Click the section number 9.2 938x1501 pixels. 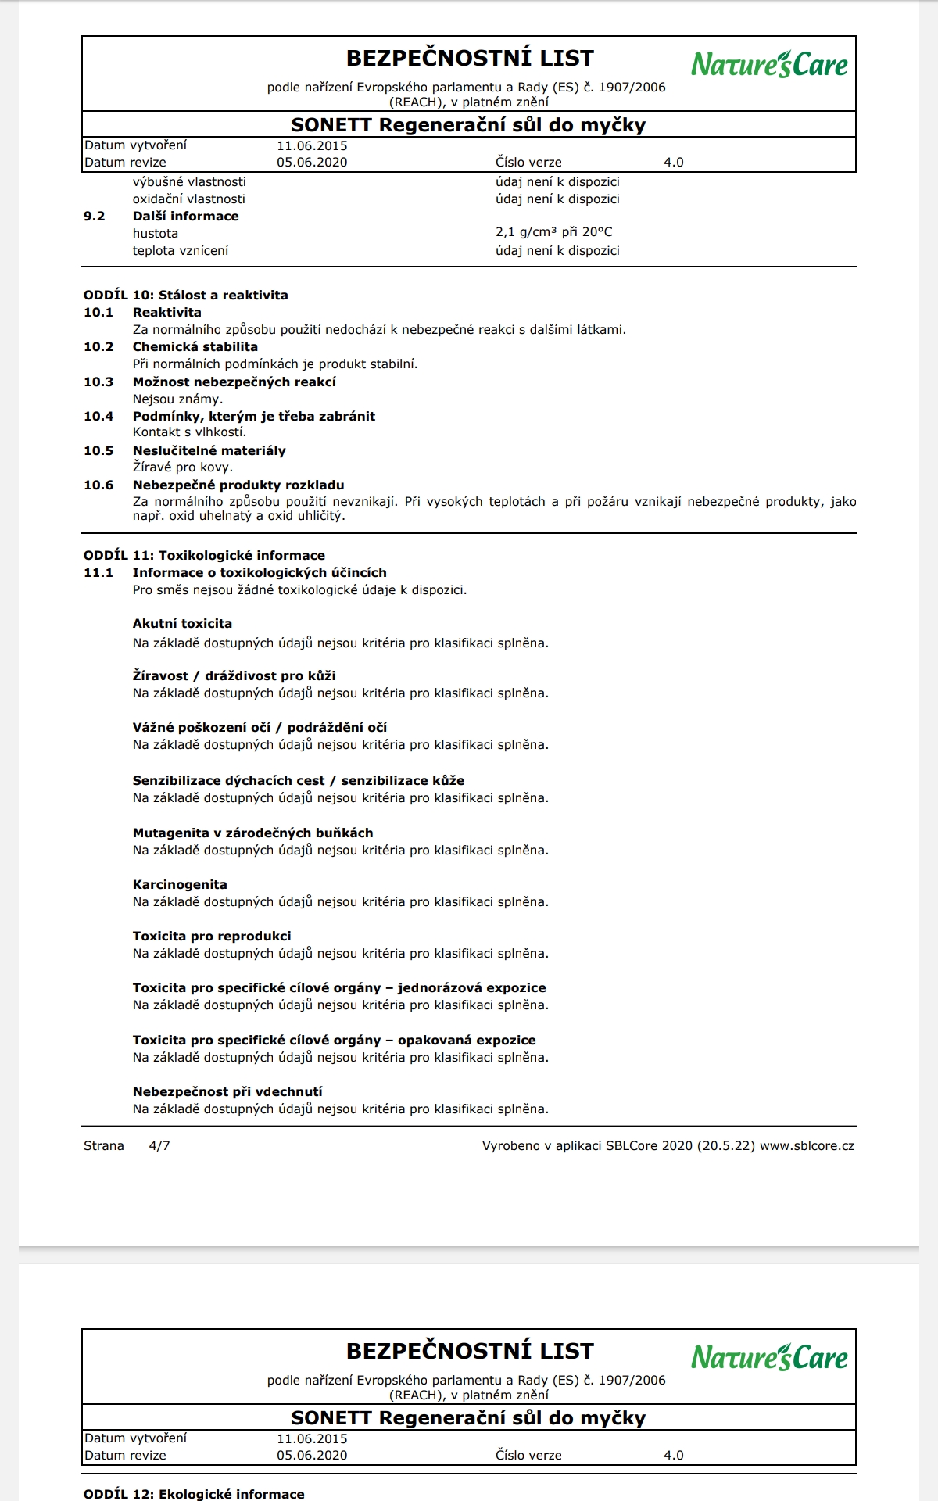click(x=94, y=217)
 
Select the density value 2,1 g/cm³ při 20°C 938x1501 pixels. click(x=553, y=232)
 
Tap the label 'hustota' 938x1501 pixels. click(x=156, y=234)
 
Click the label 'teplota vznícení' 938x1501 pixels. click(x=181, y=251)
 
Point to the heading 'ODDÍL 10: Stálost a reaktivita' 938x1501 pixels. click(x=185, y=296)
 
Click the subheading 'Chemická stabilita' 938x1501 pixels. click(x=195, y=347)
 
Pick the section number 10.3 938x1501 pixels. click(x=98, y=382)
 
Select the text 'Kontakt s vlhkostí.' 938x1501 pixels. click(x=189, y=432)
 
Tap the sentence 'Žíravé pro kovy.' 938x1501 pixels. click(x=183, y=467)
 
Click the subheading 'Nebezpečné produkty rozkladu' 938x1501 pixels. click(x=238, y=485)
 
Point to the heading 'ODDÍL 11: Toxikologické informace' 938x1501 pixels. click(x=204, y=556)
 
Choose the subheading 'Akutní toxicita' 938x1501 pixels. click(x=182, y=624)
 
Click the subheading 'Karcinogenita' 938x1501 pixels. click(x=180, y=885)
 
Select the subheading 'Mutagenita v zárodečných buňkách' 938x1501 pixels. click(x=252, y=833)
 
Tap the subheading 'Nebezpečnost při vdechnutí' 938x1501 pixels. click(x=227, y=1092)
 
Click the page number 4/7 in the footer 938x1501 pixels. click(x=159, y=1146)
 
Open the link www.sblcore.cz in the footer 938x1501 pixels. click(x=807, y=1146)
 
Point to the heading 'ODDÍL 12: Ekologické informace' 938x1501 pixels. click(x=194, y=1494)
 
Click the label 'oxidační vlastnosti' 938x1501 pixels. click(x=189, y=199)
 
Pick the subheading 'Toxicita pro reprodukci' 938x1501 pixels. click(x=212, y=937)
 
